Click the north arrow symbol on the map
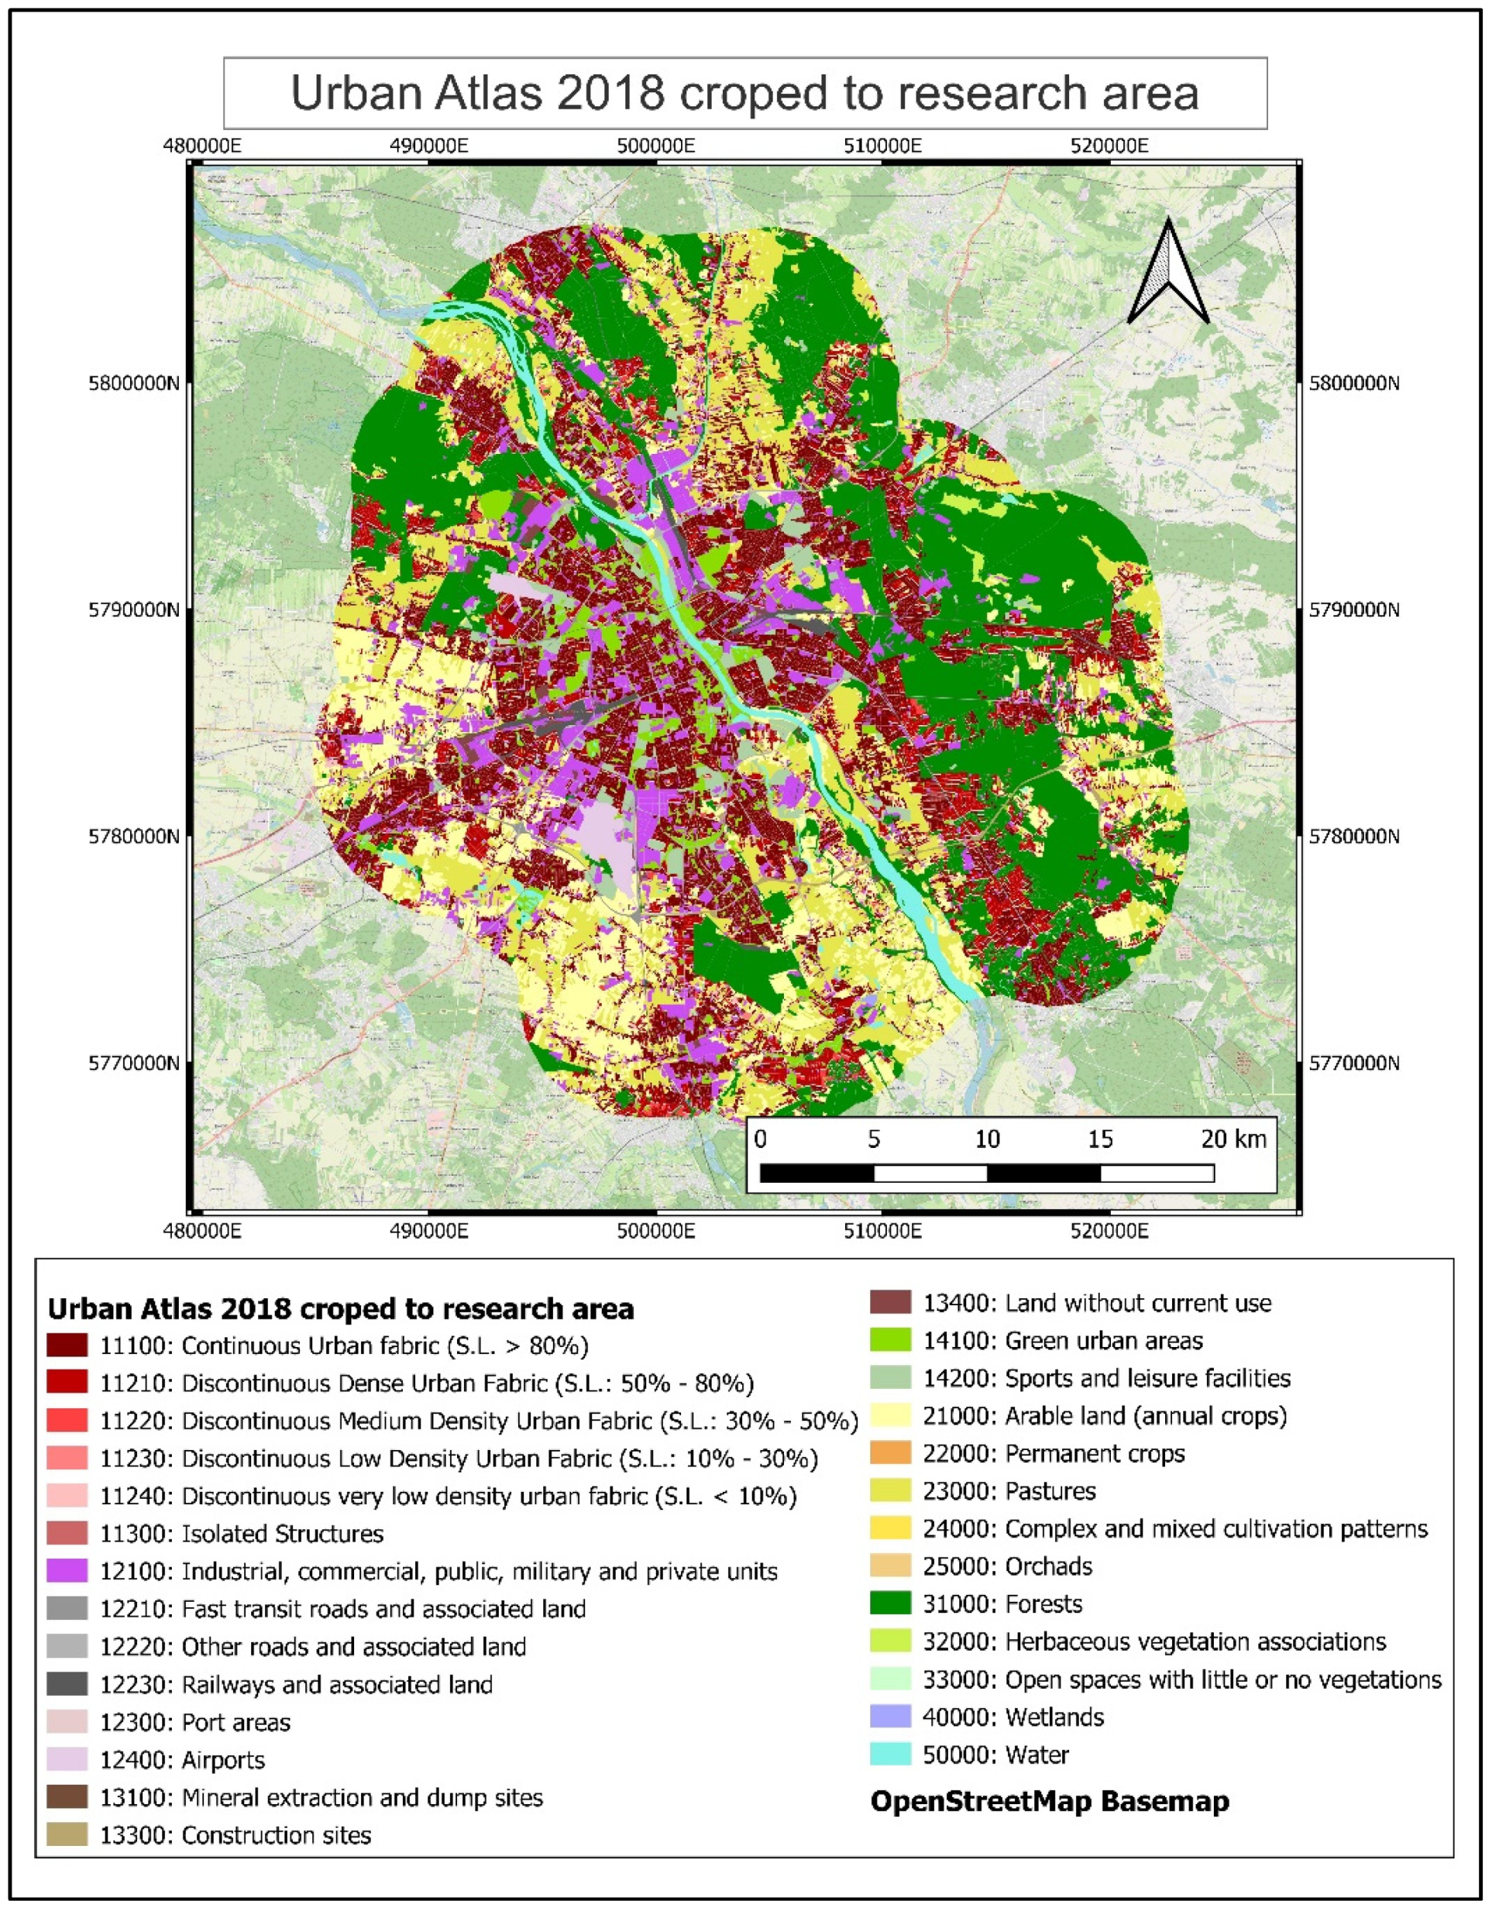(x=1167, y=272)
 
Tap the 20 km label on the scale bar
(x=1233, y=1139)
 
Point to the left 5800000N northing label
(x=133, y=383)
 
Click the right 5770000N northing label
(x=1354, y=1063)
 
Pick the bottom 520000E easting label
(x=1109, y=1231)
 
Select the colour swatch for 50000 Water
(x=890, y=1755)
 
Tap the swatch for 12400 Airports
(x=67, y=1760)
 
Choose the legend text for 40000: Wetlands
(x=1012, y=1717)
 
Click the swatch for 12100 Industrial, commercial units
(x=67, y=1572)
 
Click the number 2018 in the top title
(x=608, y=94)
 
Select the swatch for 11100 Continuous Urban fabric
(x=67, y=1346)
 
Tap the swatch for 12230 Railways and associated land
(x=67, y=1684)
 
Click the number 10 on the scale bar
(x=987, y=1139)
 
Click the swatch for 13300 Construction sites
(x=67, y=1835)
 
